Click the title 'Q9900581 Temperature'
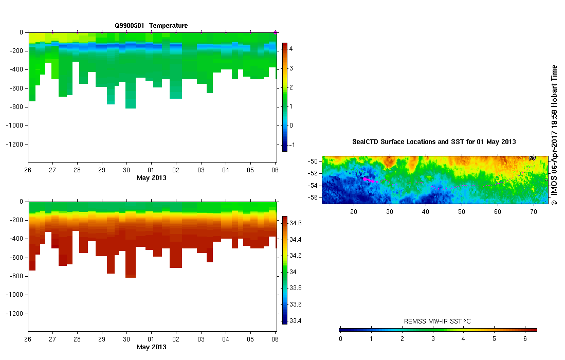point(151,25)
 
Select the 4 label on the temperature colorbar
point(291,49)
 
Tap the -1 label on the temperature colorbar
point(292,145)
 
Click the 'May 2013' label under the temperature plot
point(151,178)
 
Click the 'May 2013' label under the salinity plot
point(151,347)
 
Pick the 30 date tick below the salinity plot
point(126,339)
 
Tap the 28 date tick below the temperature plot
point(77,170)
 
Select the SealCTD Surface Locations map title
point(434,141)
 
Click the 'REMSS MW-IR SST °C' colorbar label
point(437,321)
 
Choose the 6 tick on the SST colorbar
point(524,338)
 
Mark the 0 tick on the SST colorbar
point(340,338)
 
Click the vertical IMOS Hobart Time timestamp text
point(554,135)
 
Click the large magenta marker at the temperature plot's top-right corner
point(276,32)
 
